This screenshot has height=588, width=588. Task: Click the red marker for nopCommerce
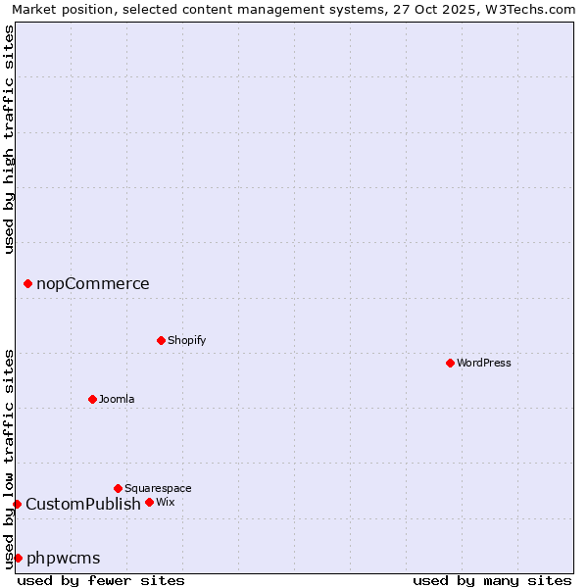[27, 284]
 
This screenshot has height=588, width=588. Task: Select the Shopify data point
[162, 340]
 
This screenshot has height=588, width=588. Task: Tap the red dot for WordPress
[450, 363]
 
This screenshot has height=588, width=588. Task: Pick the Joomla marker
[93, 399]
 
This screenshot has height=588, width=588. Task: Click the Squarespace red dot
[119, 488]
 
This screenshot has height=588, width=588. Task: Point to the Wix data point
[149, 502]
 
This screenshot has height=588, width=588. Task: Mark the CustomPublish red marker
[17, 504]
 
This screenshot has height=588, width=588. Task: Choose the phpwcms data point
[18, 558]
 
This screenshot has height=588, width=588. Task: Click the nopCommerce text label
[93, 284]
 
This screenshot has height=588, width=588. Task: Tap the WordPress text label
[484, 363]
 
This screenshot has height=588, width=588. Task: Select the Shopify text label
[187, 340]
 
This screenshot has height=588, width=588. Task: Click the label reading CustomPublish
[83, 504]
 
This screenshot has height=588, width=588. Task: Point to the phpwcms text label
[64, 558]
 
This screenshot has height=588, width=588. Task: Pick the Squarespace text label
[159, 488]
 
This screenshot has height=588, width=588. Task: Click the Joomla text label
[118, 399]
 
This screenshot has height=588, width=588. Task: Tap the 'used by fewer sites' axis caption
[101, 580]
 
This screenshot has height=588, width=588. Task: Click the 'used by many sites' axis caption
[492, 580]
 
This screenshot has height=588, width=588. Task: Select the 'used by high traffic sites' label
[10, 139]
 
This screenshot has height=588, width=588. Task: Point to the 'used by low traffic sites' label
[10, 458]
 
